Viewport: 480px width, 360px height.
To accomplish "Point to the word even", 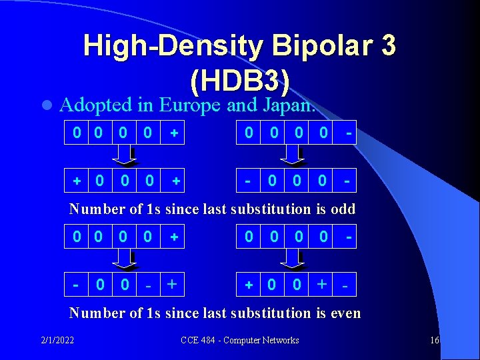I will click(x=345, y=313).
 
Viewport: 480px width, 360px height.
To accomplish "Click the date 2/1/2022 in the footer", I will click(x=56, y=341).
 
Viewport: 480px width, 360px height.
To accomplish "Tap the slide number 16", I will click(x=435, y=341).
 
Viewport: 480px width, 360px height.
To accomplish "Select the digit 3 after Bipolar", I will click(x=387, y=46).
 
